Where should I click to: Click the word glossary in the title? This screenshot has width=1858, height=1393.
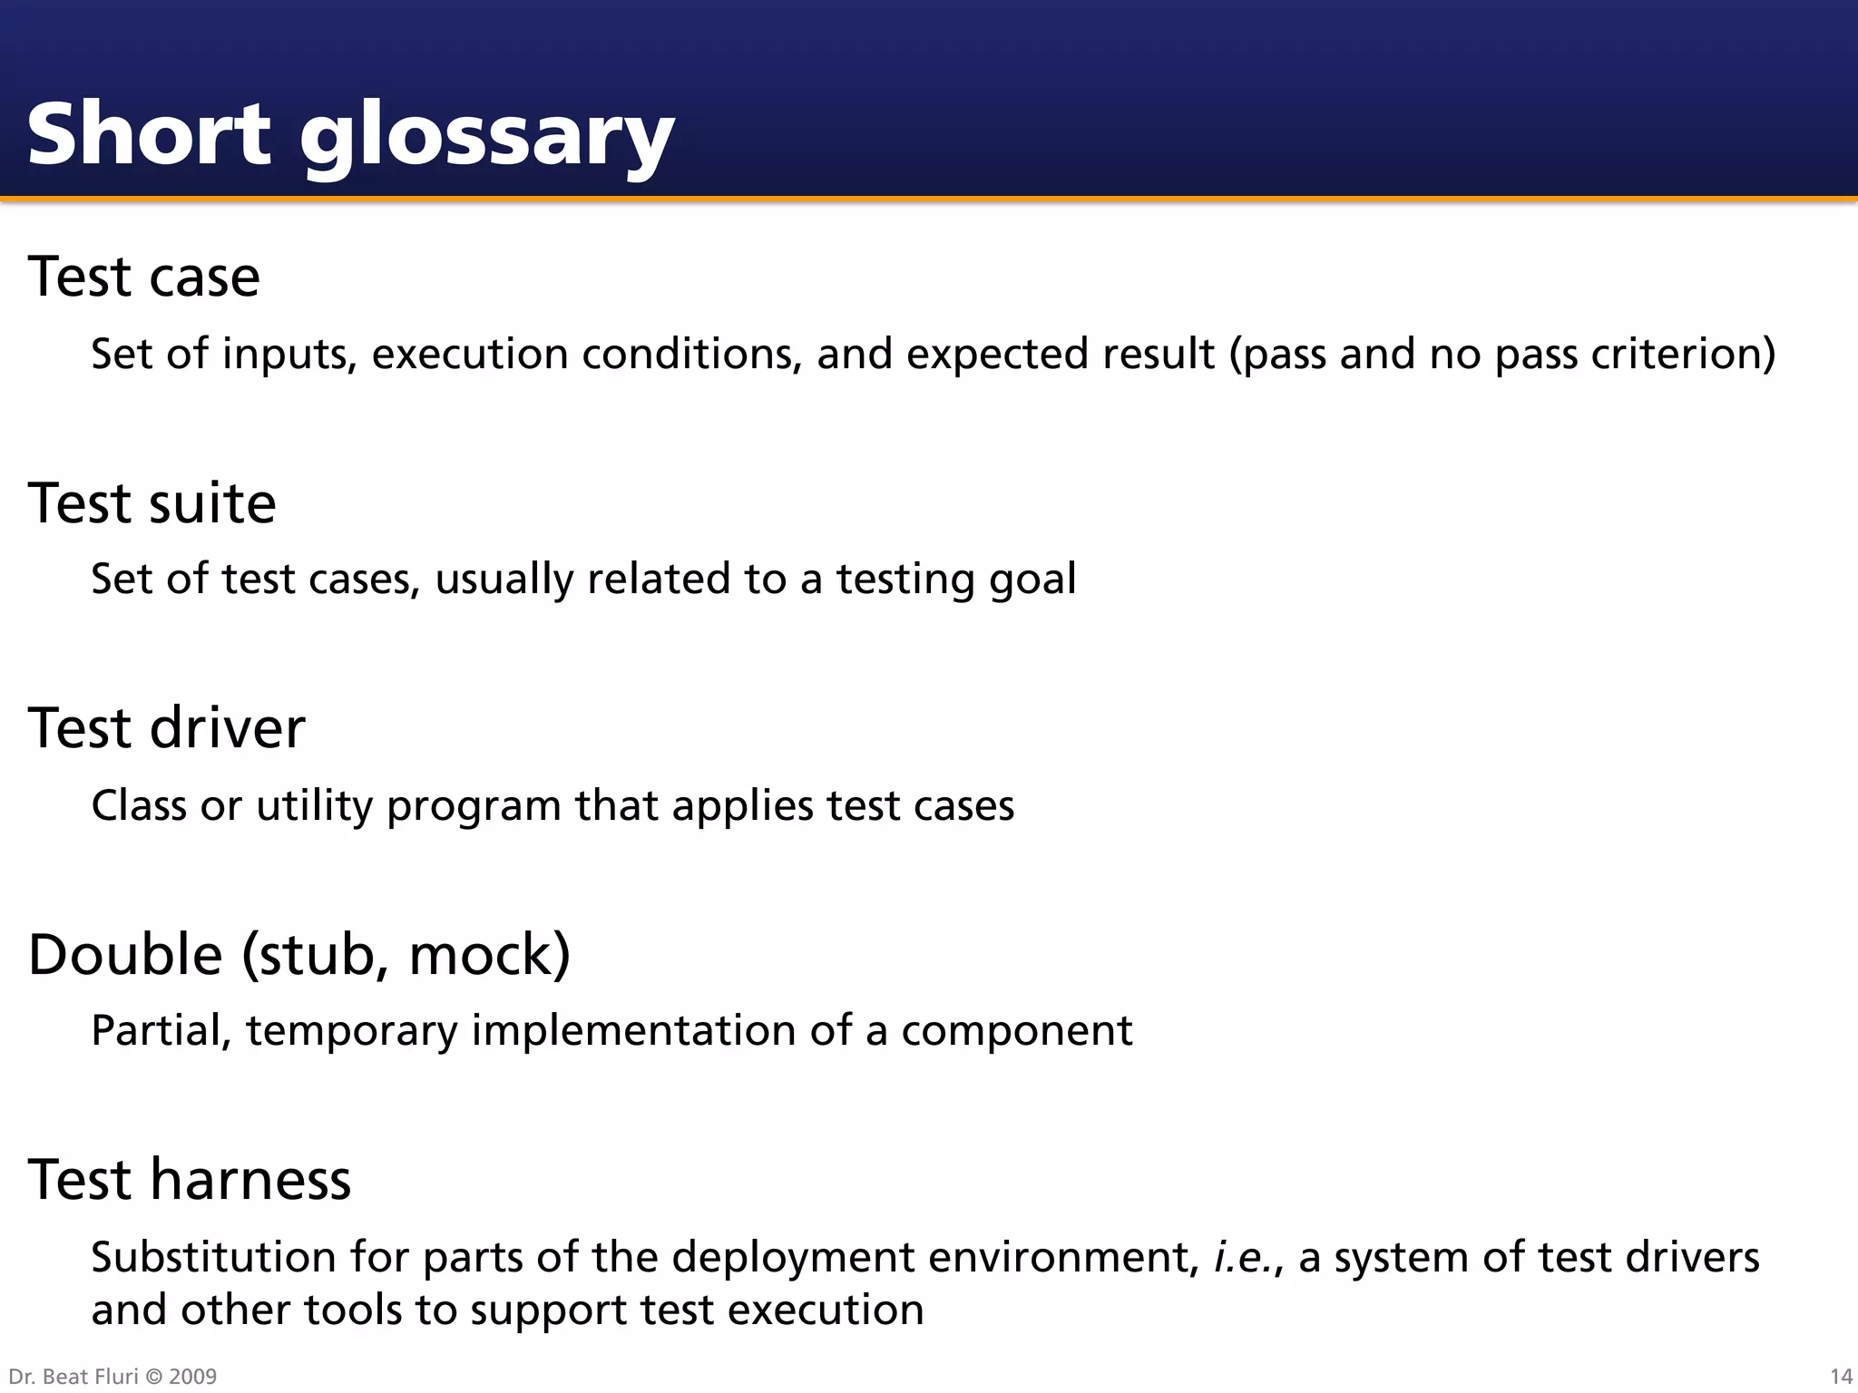point(486,136)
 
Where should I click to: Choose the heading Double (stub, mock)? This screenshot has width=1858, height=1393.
point(299,954)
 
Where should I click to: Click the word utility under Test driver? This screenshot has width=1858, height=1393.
point(314,805)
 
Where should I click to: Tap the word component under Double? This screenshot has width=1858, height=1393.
point(1016,1032)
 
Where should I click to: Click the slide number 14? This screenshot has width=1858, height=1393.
point(1841,1377)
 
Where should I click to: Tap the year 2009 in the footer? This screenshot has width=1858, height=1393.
point(192,1377)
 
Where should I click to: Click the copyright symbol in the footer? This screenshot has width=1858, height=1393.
point(152,1377)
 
